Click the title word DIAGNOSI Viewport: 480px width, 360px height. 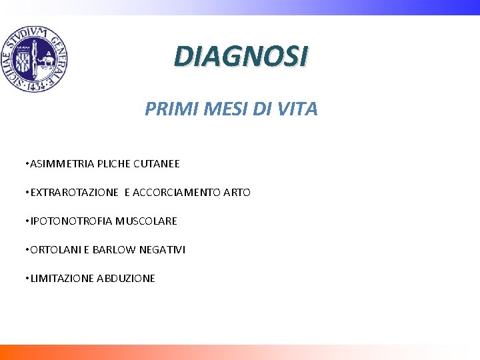point(241,57)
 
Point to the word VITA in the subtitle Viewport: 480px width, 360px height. point(297,109)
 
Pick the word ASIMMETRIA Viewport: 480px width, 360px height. point(62,163)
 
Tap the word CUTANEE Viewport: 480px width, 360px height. point(157,163)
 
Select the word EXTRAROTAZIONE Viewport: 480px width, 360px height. point(74,193)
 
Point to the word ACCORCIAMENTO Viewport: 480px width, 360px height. point(177,193)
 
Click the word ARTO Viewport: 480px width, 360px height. point(237,193)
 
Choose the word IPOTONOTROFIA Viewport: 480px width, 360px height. point(69,221)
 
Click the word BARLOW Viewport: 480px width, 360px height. point(105,249)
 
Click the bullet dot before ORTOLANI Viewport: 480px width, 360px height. point(25,249)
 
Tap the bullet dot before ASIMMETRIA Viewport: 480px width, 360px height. point(25,163)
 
